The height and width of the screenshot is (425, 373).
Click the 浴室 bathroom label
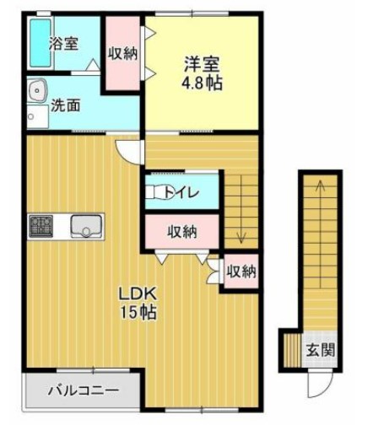[x=63, y=43]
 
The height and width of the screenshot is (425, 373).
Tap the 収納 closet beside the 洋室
[x=122, y=51]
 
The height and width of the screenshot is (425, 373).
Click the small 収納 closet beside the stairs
[x=241, y=272]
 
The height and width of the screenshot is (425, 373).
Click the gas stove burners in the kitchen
[x=40, y=226]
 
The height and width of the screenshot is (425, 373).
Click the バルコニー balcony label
[x=83, y=390]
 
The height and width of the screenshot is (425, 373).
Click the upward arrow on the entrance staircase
[x=321, y=190]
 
